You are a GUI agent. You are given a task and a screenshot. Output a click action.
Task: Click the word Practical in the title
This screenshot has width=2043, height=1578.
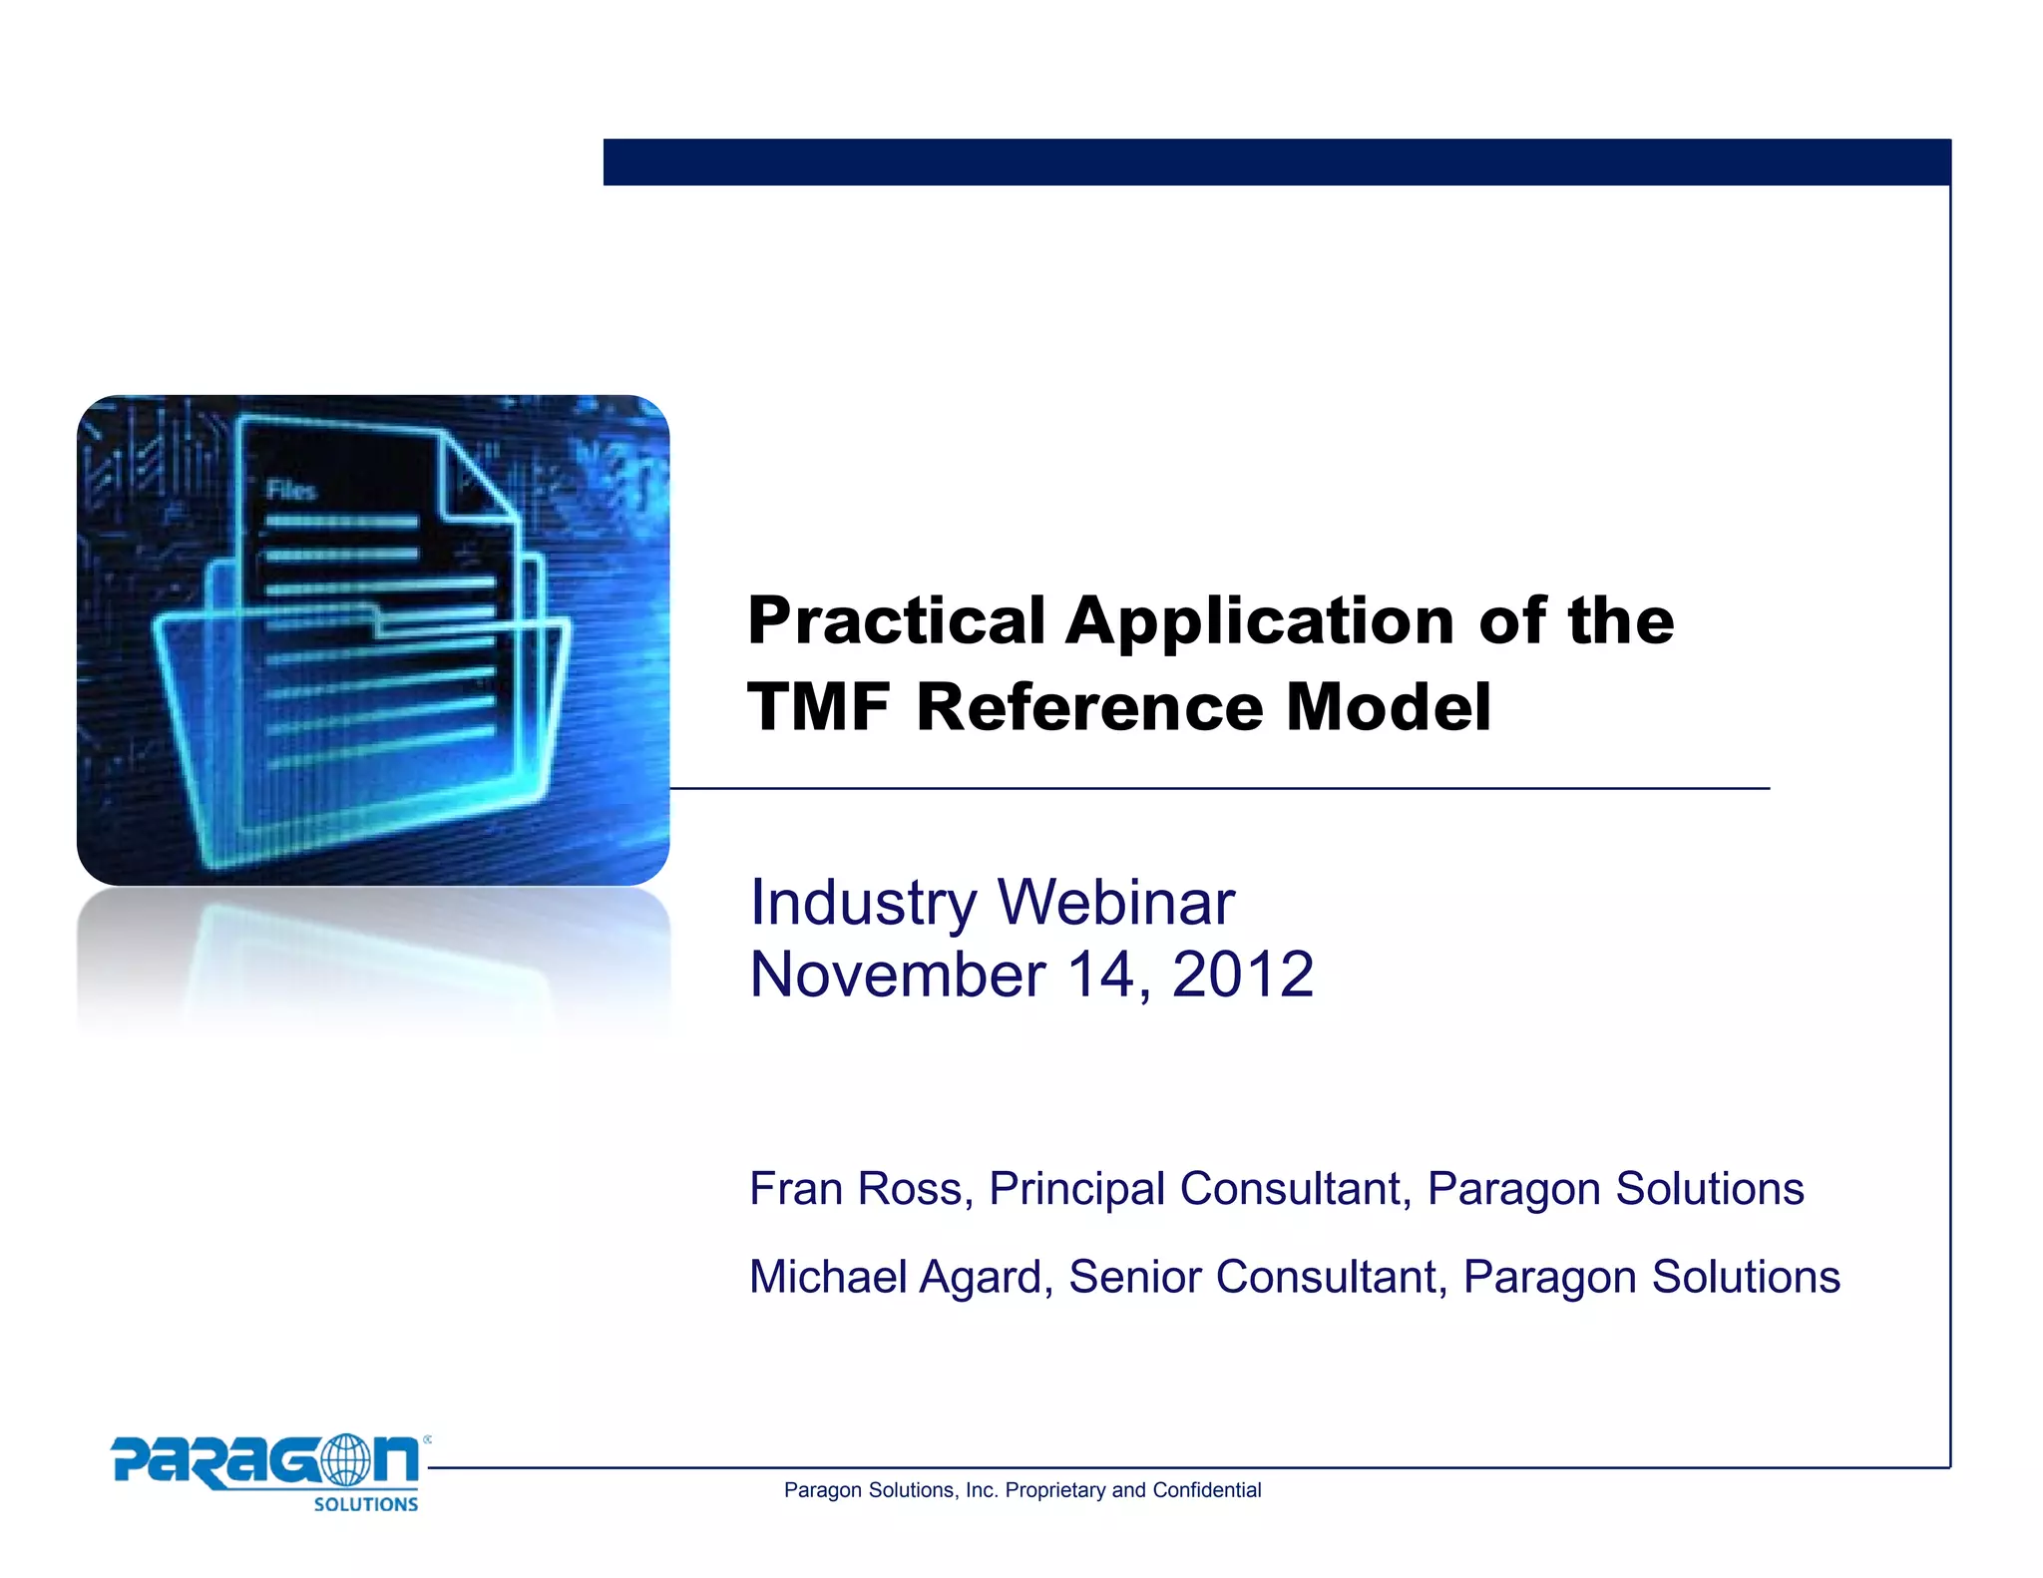pos(896,622)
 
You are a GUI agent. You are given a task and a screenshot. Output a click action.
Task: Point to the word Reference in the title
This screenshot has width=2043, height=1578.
pos(1090,707)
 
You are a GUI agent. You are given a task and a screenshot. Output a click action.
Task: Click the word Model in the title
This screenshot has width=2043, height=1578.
pos(1388,707)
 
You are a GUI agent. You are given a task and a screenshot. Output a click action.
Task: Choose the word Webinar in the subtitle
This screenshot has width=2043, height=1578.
pos(1116,903)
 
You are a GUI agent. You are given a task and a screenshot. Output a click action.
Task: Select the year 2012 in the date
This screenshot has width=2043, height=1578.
pos(1243,975)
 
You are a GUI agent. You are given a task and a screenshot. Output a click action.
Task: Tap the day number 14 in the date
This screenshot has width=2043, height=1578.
pos(1102,975)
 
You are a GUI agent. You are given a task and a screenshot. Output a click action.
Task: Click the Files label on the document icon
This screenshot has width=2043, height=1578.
pos(291,490)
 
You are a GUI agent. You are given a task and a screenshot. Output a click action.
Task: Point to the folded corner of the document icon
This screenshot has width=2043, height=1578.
pos(476,477)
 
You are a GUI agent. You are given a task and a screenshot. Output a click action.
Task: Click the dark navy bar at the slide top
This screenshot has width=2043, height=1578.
pos(1277,162)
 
